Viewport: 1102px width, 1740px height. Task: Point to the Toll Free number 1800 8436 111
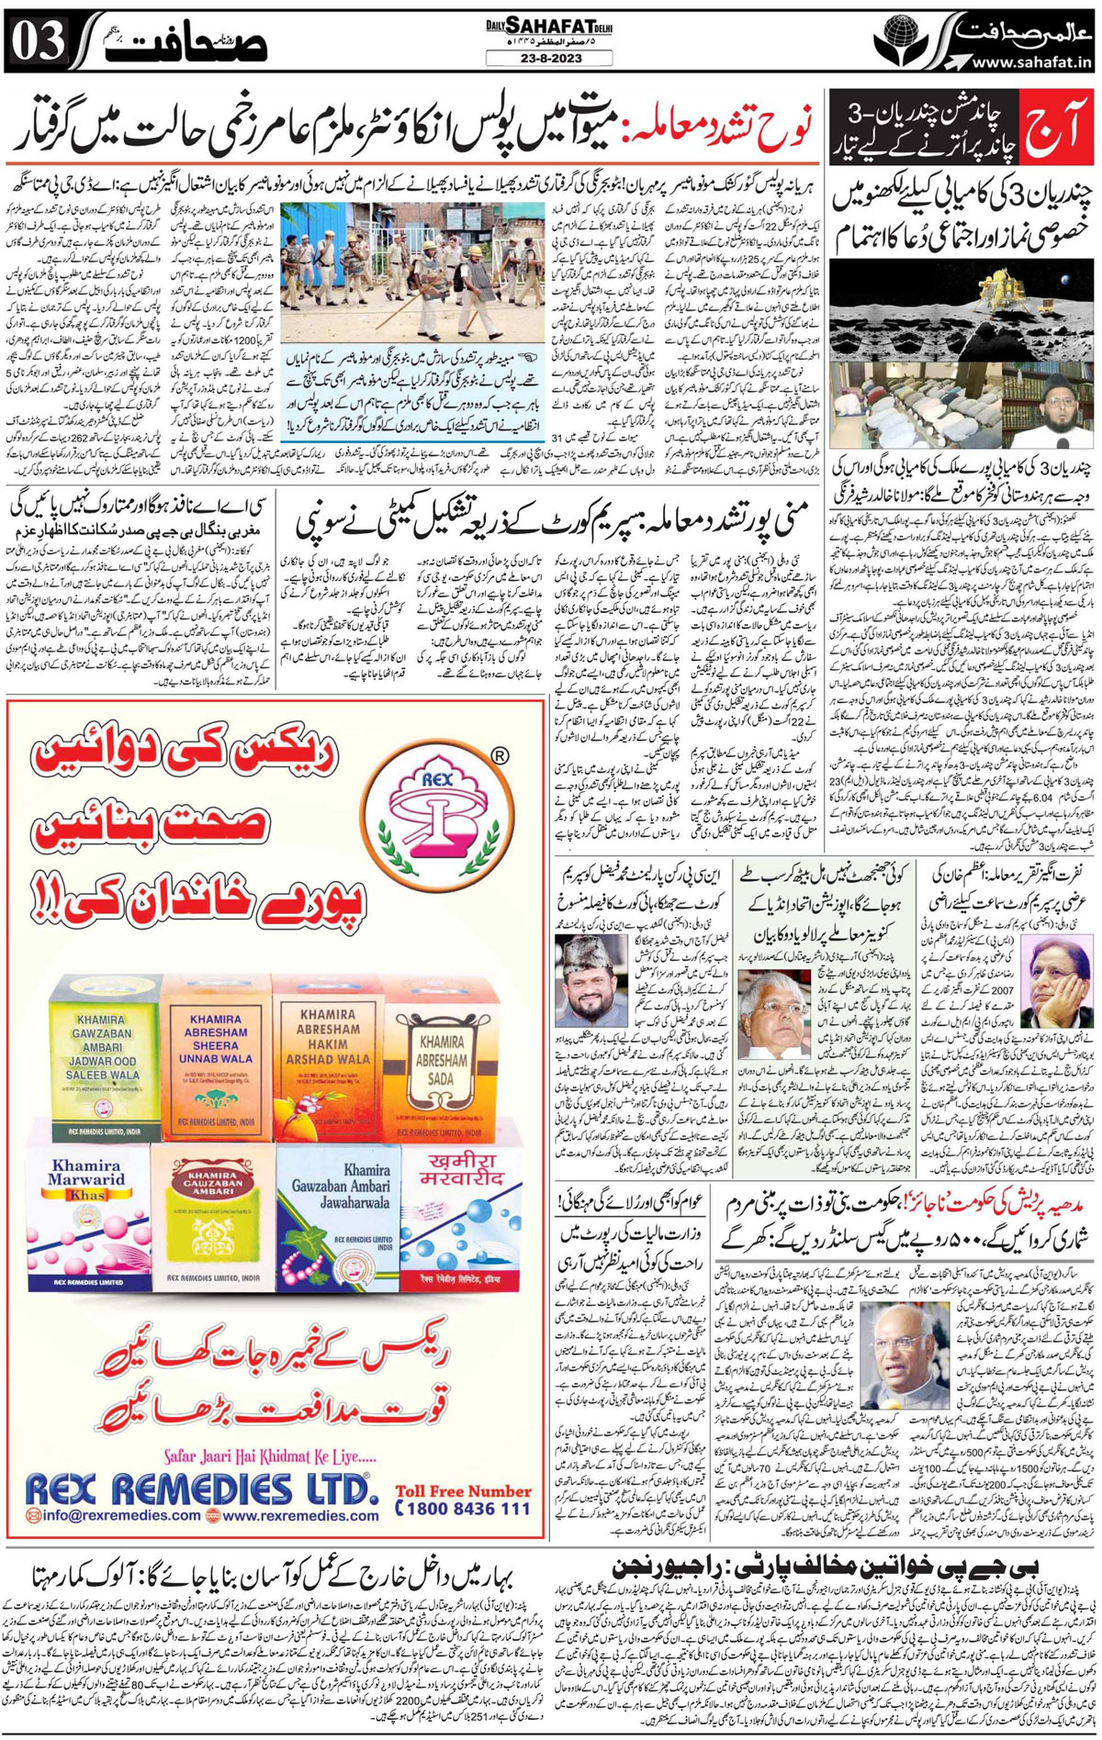(463, 1508)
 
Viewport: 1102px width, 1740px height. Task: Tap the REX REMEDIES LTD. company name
(197, 1488)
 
